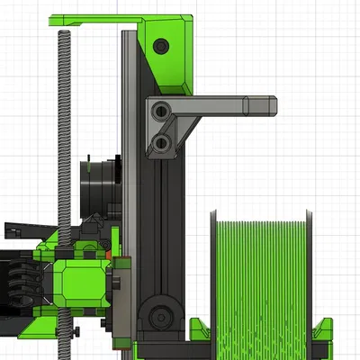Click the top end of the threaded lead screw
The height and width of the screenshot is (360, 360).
(x=65, y=34)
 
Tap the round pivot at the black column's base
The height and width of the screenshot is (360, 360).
(x=161, y=315)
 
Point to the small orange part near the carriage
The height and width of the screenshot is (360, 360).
(x=109, y=254)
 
